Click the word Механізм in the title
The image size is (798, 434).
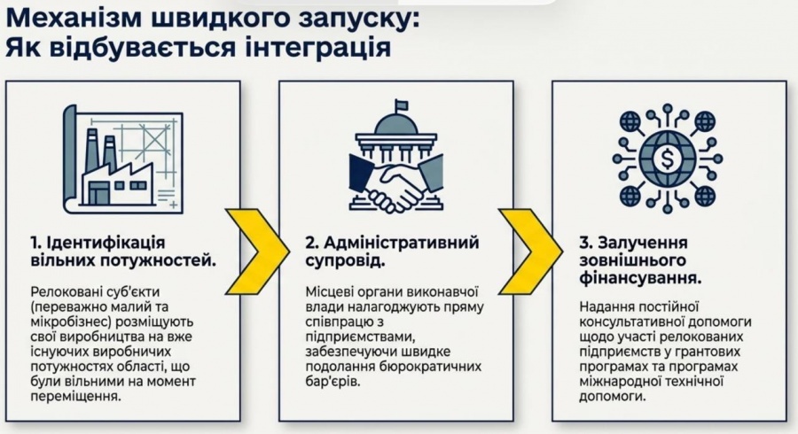point(75,19)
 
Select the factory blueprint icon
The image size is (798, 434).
point(123,159)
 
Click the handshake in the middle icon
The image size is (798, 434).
point(397,186)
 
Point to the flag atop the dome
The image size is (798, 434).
point(402,105)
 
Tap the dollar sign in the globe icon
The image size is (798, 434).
point(667,158)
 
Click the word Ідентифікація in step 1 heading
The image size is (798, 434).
point(106,243)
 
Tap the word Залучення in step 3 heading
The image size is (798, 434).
point(643,243)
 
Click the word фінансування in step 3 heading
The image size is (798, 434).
point(640,279)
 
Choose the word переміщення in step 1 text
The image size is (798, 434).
point(76,397)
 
